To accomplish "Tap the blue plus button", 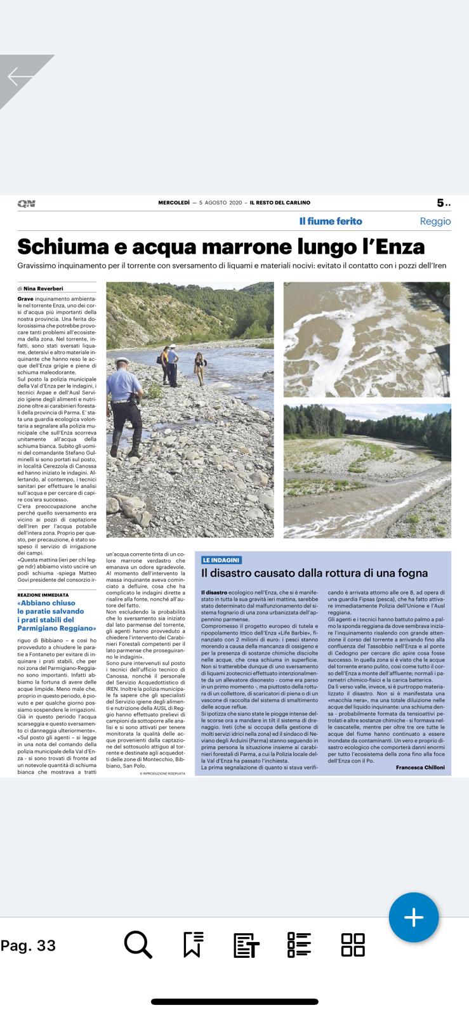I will (x=414, y=917).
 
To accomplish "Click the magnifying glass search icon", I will (x=138, y=945).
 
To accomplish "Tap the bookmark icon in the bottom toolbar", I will (x=193, y=945).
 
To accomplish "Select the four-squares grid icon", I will (x=353, y=945).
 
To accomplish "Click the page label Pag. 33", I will (x=29, y=945).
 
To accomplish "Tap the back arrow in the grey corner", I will (x=20, y=77).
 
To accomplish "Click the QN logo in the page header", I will (x=26, y=204).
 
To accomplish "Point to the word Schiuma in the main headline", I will (x=66, y=246).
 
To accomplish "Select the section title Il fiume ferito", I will (x=331, y=221).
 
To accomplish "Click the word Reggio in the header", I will (x=435, y=221).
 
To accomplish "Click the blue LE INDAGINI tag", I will (x=221, y=560).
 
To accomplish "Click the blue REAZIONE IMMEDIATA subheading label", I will (x=42, y=594).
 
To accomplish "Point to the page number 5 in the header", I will (x=440, y=203).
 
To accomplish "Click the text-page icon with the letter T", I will (x=246, y=945).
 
